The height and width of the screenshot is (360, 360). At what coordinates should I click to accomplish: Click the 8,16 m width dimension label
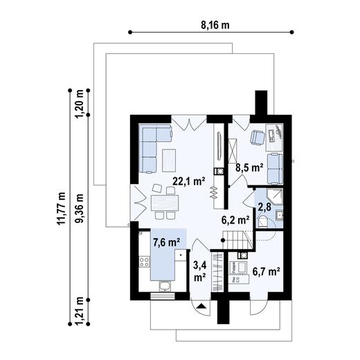click(x=215, y=25)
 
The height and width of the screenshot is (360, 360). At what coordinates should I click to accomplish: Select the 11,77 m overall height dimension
click(x=61, y=208)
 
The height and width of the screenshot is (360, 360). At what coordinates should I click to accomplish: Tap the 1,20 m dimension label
click(x=80, y=104)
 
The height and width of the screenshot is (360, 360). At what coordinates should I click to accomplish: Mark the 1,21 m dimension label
click(x=80, y=309)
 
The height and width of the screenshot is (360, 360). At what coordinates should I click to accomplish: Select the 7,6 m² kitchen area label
click(x=166, y=242)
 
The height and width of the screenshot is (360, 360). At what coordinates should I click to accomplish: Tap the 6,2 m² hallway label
click(x=235, y=221)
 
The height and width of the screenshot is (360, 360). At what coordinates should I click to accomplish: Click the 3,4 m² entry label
click(x=199, y=271)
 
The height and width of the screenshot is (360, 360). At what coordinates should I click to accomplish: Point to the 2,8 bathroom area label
click(x=264, y=206)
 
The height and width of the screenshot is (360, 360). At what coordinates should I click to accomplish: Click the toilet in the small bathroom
click(x=263, y=220)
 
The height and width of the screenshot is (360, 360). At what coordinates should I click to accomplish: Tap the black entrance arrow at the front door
click(x=201, y=305)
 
